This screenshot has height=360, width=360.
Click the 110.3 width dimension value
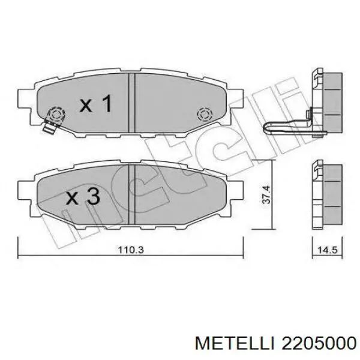point(131,250)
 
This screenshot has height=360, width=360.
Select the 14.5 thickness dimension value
point(328,250)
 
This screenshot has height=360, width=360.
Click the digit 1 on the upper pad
point(106,104)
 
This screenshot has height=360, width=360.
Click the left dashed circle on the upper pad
point(56,114)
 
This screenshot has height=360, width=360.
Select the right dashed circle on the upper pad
point(204,114)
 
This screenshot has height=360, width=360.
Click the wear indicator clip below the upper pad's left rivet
point(49,127)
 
